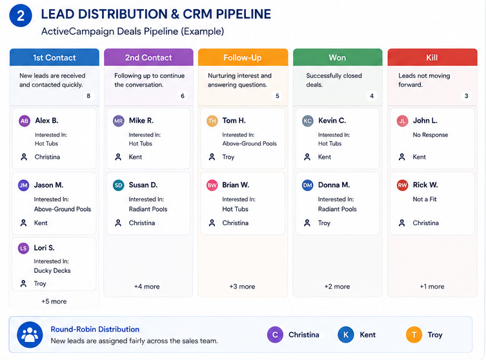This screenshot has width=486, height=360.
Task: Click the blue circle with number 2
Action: [x=21, y=15]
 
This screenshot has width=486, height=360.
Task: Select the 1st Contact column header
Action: [x=54, y=57]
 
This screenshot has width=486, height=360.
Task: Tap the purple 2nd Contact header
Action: [x=148, y=57]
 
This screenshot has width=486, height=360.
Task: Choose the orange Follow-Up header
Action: [x=243, y=57]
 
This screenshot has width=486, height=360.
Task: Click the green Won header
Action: [x=338, y=57]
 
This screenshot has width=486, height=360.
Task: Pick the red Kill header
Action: [x=432, y=57]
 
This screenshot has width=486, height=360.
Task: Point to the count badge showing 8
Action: [x=88, y=96]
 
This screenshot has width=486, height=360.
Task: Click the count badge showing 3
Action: [x=466, y=96]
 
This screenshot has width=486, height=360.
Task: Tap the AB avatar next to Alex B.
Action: [x=25, y=121]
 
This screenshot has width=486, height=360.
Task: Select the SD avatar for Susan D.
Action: [x=118, y=185]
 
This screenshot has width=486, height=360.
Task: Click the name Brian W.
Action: [x=236, y=185]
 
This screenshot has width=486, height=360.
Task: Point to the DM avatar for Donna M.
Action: [x=307, y=185]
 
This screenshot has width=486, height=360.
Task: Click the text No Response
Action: [x=430, y=135]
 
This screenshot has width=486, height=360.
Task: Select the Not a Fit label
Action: [x=425, y=199]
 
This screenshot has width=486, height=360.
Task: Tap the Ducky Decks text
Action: [x=52, y=270]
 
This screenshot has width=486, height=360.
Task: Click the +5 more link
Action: [x=54, y=301]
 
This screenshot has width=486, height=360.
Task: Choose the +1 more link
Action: [x=432, y=286]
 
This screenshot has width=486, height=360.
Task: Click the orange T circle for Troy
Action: [x=414, y=335]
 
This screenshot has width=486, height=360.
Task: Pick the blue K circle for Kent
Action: [x=346, y=335]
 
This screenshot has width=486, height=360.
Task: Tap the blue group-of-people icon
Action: [x=30, y=335]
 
